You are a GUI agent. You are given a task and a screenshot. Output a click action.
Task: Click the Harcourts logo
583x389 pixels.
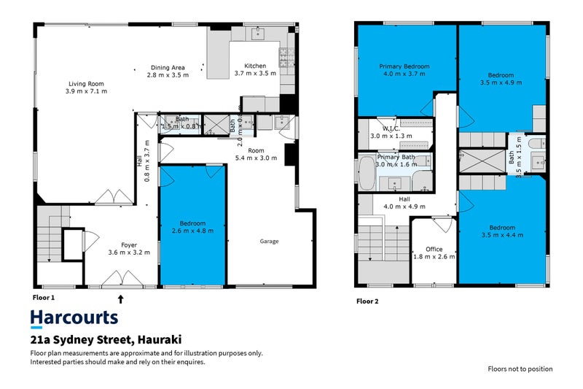(74, 317)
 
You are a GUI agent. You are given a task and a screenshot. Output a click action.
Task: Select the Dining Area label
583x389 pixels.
(168, 68)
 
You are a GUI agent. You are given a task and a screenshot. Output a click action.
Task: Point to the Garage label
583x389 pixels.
(270, 242)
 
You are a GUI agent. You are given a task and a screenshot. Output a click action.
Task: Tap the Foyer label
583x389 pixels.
(129, 245)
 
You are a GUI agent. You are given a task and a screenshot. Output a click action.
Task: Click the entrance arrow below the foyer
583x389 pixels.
(122, 298)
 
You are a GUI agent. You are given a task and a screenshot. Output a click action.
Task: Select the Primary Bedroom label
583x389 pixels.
(404, 66)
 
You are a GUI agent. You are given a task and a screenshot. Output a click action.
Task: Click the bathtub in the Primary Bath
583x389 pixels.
(366, 174)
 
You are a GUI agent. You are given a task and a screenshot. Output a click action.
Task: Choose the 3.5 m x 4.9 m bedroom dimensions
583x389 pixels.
(501, 82)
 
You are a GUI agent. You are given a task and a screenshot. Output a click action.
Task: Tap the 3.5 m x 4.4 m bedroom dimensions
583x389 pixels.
(501, 234)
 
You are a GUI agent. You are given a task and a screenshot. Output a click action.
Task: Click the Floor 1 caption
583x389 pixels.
(44, 298)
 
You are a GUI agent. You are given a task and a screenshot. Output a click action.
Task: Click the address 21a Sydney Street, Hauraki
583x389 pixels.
(106, 340)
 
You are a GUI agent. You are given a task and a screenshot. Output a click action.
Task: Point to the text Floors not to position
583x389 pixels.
(520, 369)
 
